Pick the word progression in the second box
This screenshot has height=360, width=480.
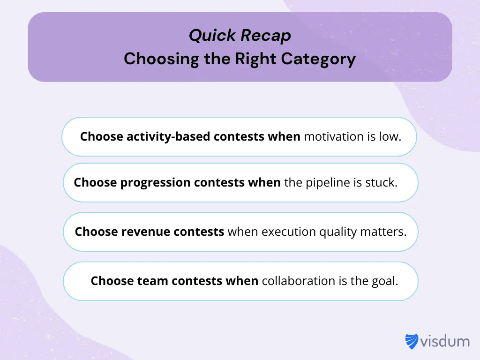[156, 182]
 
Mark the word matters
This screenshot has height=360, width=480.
[383, 232]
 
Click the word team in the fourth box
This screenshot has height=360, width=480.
[153, 281]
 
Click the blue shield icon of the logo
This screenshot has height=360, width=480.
[412, 341]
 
